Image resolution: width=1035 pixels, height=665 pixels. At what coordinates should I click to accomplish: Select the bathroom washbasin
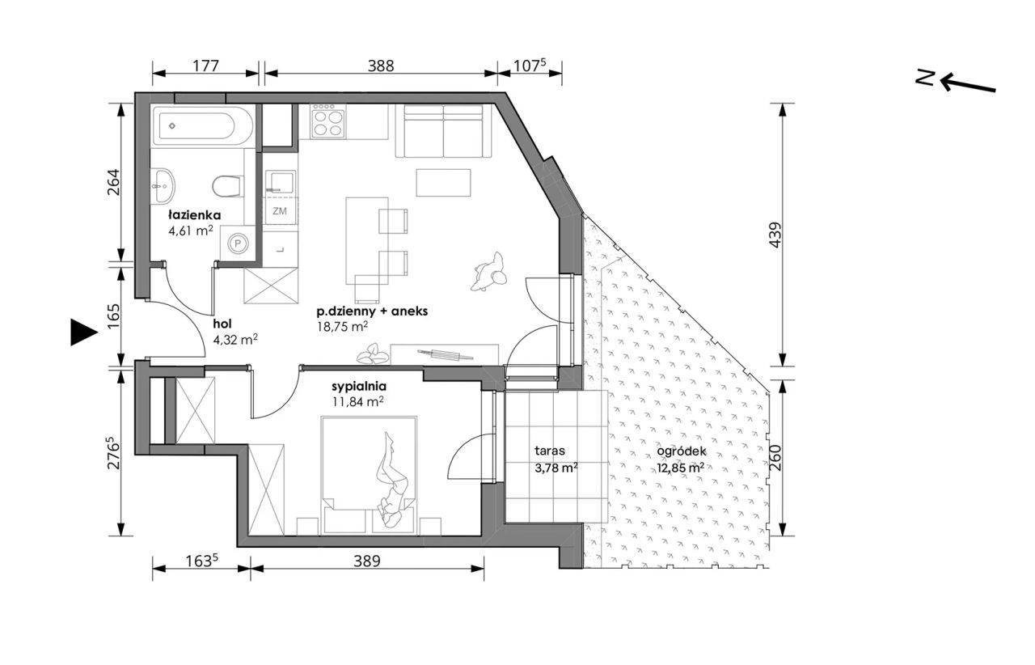pyautogui.click(x=163, y=185)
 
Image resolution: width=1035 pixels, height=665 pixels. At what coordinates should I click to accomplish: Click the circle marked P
pyautogui.click(x=239, y=243)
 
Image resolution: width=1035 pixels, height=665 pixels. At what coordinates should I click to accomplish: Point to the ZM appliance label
pyautogui.click(x=280, y=211)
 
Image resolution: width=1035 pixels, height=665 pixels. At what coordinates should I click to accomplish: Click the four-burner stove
pyautogui.click(x=328, y=121)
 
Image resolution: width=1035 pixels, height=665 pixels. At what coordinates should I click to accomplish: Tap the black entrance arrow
pyautogui.click(x=84, y=332)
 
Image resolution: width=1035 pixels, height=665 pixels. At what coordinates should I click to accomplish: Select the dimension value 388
pyautogui.click(x=381, y=66)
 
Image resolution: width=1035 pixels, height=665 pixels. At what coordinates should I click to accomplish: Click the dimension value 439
pyautogui.click(x=775, y=235)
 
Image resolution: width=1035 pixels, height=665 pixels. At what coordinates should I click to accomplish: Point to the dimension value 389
pyautogui.click(x=367, y=561)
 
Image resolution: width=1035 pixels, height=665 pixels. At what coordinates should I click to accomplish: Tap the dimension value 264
pyautogui.click(x=113, y=182)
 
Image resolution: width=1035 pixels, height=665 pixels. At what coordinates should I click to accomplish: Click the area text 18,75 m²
pyautogui.click(x=342, y=327)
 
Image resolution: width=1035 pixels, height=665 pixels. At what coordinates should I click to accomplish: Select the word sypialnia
pyautogui.click(x=359, y=386)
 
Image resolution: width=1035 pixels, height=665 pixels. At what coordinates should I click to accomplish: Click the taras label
pyautogui.click(x=550, y=451)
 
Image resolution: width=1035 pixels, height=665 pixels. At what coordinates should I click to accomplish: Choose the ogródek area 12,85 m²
pyautogui.click(x=681, y=468)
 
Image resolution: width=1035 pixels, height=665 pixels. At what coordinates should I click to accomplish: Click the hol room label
pyautogui.click(x=222, y=324)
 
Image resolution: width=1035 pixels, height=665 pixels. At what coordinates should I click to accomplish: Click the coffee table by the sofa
pyautogui.click(x=444, y=183)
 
